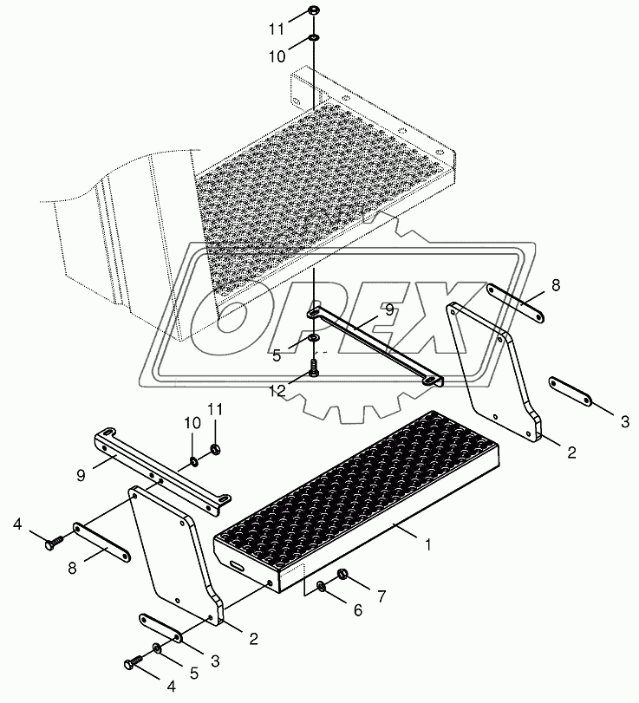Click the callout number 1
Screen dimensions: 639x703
pyautogui.click(x=427, y=544)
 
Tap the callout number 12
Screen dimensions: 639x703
pyautogui.click(x=277, y=391)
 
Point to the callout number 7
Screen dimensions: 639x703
pyautogui.click(x=381, y=596)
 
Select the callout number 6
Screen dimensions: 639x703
pyautogui.click(x=358, y=609)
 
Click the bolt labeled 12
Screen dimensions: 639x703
pyautogui.click(x=314, y=366)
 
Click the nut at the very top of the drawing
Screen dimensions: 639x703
pyautogui.click(x=314, y=10)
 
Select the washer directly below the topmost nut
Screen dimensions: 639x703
pyautogui.click(x=314, y=37)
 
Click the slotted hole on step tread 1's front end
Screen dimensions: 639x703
pyautogui.click(x=238, y=564)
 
